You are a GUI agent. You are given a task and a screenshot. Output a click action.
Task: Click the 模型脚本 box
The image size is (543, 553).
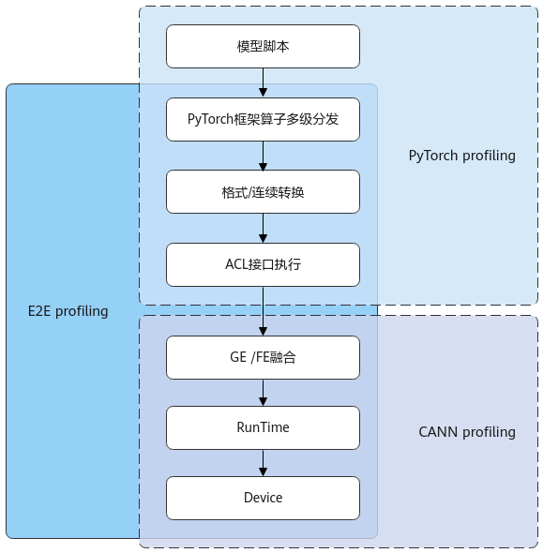(263, 46)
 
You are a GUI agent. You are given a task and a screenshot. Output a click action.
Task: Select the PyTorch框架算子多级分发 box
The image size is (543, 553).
(263, 120)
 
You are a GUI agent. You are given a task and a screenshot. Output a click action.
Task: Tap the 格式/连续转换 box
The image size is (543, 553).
(263, 192)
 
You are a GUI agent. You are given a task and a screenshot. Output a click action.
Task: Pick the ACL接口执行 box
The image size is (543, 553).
(263, 264)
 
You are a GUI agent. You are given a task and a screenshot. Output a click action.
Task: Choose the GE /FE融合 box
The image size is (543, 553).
(263, 358)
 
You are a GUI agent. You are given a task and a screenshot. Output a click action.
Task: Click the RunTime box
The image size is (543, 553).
(263, 427)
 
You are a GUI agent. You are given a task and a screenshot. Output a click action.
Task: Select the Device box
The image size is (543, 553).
(263, 498)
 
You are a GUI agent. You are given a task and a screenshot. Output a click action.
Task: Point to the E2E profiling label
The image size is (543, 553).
(68, 311)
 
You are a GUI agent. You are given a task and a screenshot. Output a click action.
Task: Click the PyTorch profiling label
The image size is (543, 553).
(461, 156)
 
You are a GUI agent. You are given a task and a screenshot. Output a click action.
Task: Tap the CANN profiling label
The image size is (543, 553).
(467, 432)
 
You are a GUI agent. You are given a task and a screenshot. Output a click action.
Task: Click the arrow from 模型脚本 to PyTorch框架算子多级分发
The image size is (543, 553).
(263, 82)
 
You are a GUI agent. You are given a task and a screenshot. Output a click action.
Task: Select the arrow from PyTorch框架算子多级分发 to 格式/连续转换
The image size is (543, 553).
(263, 156)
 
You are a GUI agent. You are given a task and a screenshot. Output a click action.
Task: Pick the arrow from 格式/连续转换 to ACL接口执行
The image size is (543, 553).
(263, 228)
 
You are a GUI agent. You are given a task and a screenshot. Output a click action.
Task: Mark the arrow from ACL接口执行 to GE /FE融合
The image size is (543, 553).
(263, 311)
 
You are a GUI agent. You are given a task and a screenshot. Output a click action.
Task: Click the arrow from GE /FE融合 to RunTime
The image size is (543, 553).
(263, 393)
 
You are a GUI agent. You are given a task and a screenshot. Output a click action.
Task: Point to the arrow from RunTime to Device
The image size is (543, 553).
(263, 463)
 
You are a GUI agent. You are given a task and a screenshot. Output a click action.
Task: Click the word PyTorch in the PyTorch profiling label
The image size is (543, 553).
(433, 156)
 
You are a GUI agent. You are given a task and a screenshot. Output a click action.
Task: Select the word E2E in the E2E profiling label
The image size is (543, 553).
(39, 311)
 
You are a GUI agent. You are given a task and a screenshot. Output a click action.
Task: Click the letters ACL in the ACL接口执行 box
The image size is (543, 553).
(236, 264)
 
